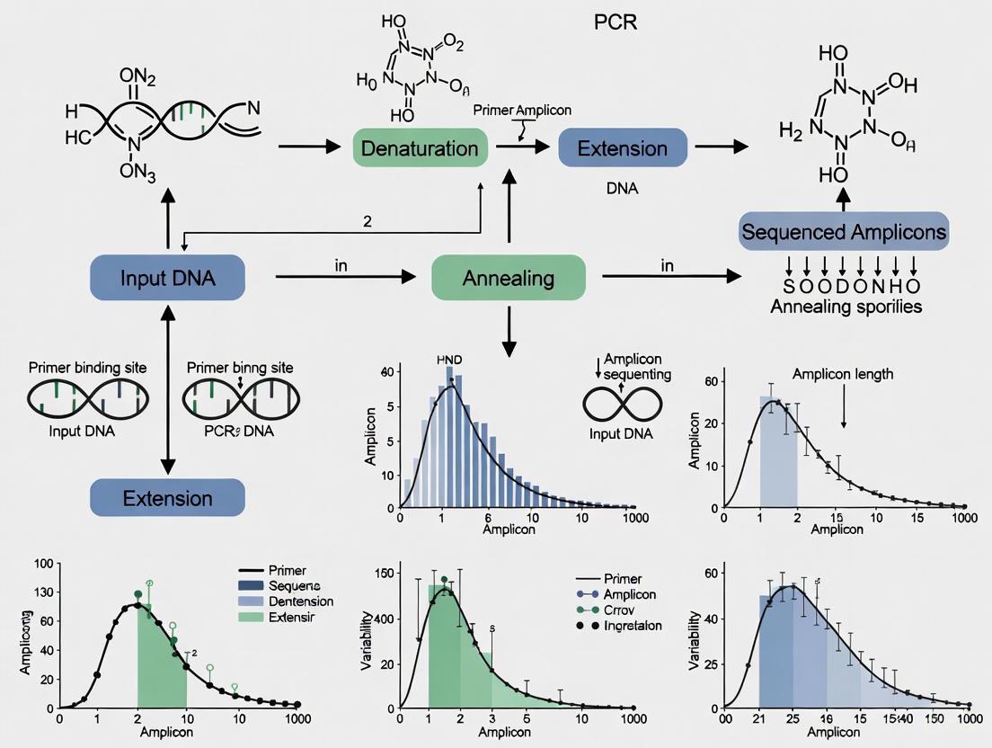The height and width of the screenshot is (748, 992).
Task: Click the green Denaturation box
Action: point(421,147)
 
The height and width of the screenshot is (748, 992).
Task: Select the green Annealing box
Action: point(508,278)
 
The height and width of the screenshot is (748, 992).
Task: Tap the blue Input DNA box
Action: point(167,278)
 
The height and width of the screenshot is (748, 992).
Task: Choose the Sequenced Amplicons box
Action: point(843,233)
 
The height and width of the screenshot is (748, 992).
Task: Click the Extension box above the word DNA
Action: point(622,147)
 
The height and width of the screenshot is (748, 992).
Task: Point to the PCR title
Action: point(616,22)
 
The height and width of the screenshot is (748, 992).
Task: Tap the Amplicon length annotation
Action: point(842,374)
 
